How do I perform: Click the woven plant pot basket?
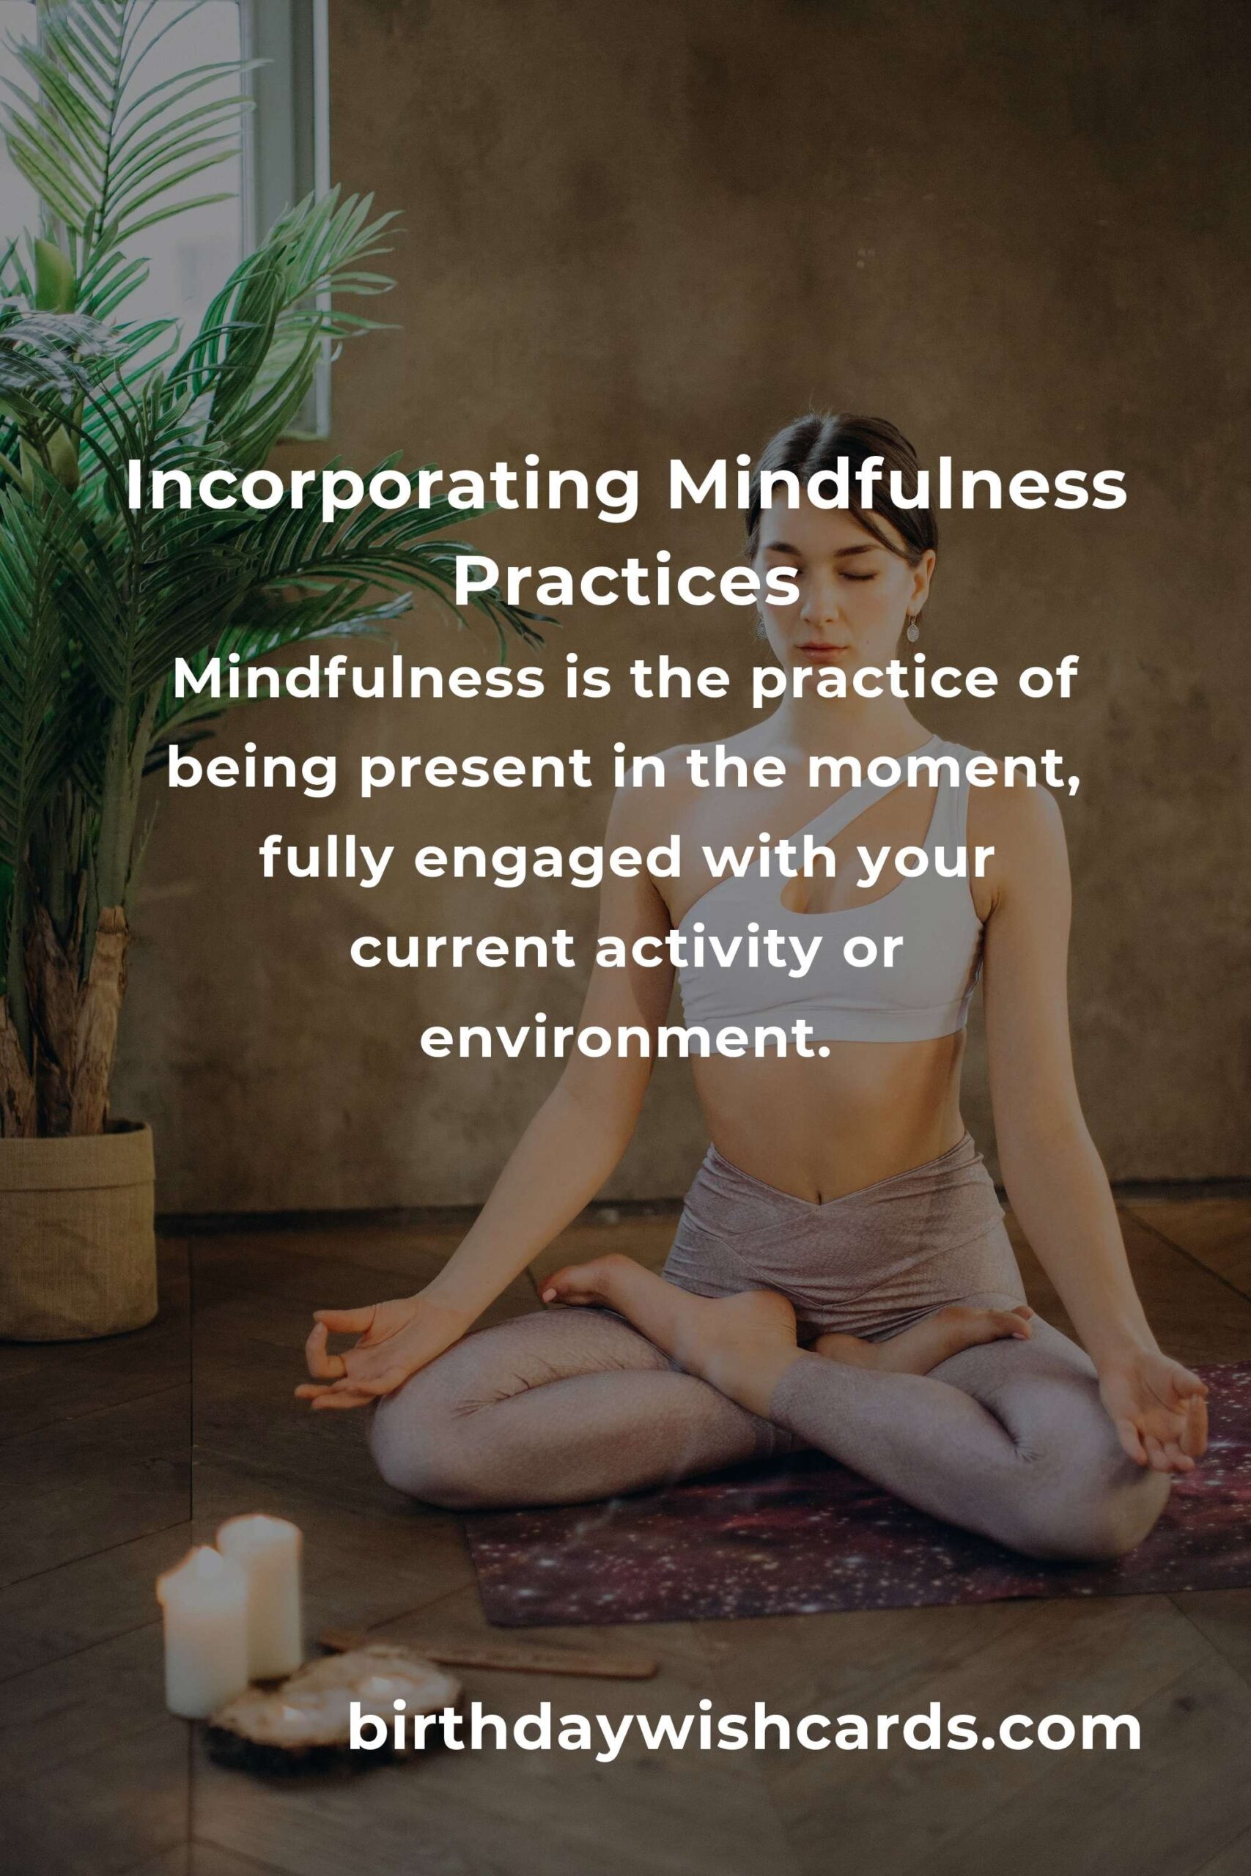point(77,1233)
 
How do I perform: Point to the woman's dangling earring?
point(911,630)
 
